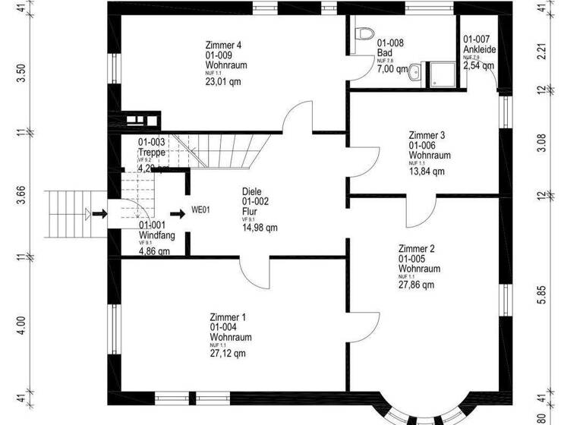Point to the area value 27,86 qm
[417, 285]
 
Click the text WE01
[200, 210]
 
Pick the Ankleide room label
[480, 49]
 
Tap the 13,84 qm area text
[426, 172]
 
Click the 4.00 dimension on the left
[21, 326]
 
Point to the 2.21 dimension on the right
[541, 53]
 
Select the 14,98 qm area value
[260, 228]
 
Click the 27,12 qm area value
[228, 354]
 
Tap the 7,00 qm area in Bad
[392, 69]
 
